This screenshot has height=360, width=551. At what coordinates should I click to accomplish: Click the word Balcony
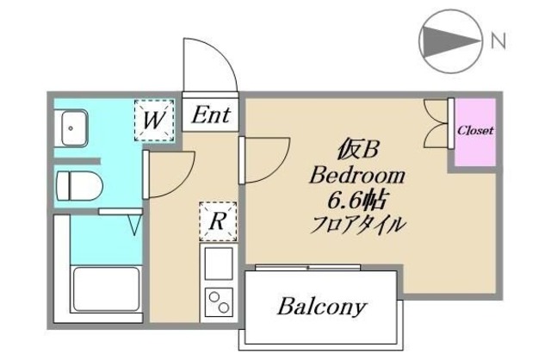click(x=323, y=306)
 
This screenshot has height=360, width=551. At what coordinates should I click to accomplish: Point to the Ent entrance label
click(x=211, y=115)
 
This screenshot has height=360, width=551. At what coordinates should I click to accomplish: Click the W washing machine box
click(x=154, y=120)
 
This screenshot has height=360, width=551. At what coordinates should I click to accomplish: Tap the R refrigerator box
click(x=218, y=221)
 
